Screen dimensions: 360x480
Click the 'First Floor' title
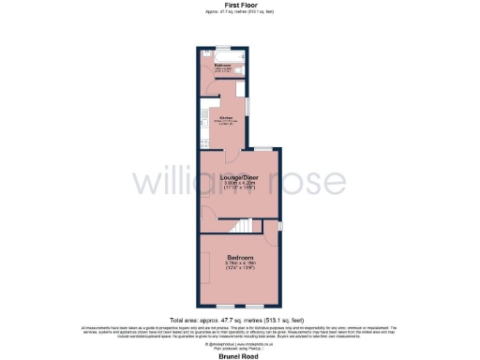coord(239,5)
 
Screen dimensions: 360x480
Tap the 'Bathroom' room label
coord(222,65)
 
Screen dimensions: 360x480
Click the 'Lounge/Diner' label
coord(239,176)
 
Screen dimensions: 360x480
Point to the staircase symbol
coord(244,226)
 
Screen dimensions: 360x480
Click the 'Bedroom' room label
coord(239,255)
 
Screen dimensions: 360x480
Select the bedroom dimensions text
coord(239,266)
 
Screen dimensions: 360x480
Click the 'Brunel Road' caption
coord(240,355)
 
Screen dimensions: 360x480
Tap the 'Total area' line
coord(239,319)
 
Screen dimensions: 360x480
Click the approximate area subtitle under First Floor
coord(239,12)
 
